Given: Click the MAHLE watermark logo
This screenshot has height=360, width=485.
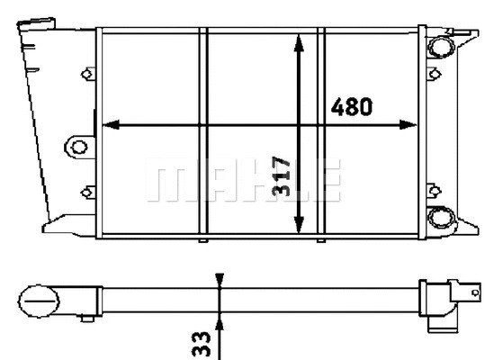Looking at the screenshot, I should click(x=244, y=180).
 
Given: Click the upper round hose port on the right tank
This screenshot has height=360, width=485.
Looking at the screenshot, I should click(x=441, y=46).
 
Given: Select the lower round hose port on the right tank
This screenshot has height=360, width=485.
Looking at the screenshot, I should click(x=441, y=217).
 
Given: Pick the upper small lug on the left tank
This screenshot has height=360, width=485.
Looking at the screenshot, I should click(x=87, y=74).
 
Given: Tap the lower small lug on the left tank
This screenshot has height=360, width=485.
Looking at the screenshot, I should click(x=87, y=190).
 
